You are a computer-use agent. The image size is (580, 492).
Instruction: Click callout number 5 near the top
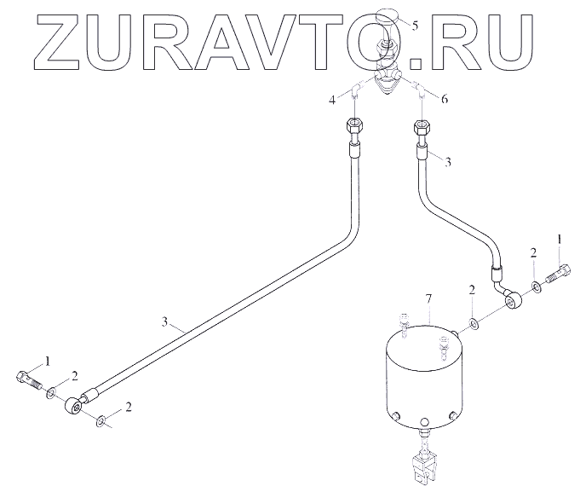tap(415, 25)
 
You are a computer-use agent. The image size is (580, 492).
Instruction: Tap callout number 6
tap(444, 101)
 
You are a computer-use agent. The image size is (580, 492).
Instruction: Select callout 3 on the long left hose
tap(165, 322)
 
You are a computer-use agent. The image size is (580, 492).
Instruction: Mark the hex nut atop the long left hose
tap(354, 130)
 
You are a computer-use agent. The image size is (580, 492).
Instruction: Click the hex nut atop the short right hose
tap(421, 130)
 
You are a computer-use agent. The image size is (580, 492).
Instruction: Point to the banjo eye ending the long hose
tap(76, 406)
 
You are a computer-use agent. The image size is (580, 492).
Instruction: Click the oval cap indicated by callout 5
tap(388, 16)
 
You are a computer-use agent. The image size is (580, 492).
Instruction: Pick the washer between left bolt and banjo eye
tap(53, 392)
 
